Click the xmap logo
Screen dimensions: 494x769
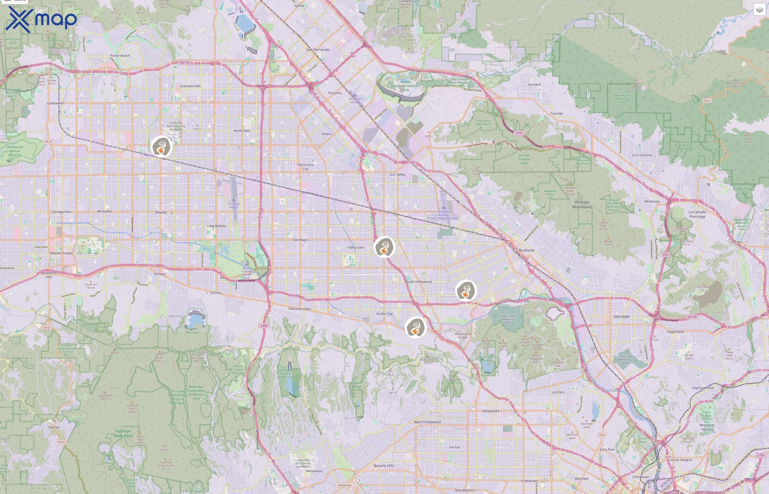41,19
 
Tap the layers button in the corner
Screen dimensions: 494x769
759,10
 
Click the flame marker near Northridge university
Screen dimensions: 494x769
161,147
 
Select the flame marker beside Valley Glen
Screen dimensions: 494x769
384,247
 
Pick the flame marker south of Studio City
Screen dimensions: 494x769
416,327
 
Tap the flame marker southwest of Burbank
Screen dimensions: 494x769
466,291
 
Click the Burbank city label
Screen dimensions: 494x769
526,250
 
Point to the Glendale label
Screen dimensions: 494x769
621,316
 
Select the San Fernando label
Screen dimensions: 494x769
318,50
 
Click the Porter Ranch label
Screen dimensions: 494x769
120,55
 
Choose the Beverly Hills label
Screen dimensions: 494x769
384,466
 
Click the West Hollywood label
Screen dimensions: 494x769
427,422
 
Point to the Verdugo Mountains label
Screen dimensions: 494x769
582,204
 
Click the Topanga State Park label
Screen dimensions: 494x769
123,433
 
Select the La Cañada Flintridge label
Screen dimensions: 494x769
697,214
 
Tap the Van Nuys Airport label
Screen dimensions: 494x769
234,205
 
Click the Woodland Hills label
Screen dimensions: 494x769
49,275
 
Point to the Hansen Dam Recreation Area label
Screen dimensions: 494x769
406,86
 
